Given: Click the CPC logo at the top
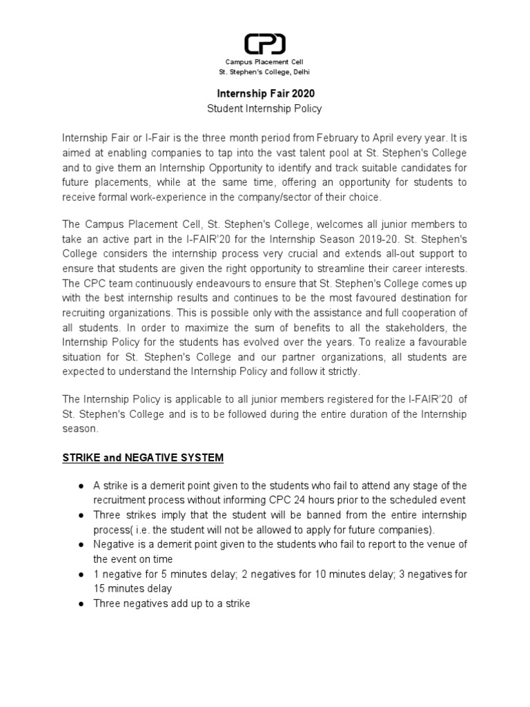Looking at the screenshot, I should click(265, 44).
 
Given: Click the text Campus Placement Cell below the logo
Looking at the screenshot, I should click(264, 63).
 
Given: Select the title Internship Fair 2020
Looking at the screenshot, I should click(265, 93).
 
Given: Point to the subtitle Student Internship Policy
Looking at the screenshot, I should click(265, 108).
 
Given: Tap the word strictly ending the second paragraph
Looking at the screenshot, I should click(342, 372).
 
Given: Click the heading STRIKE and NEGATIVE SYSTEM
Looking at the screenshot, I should click(143, 458).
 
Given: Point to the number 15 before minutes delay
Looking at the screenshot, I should click(99, 589).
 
